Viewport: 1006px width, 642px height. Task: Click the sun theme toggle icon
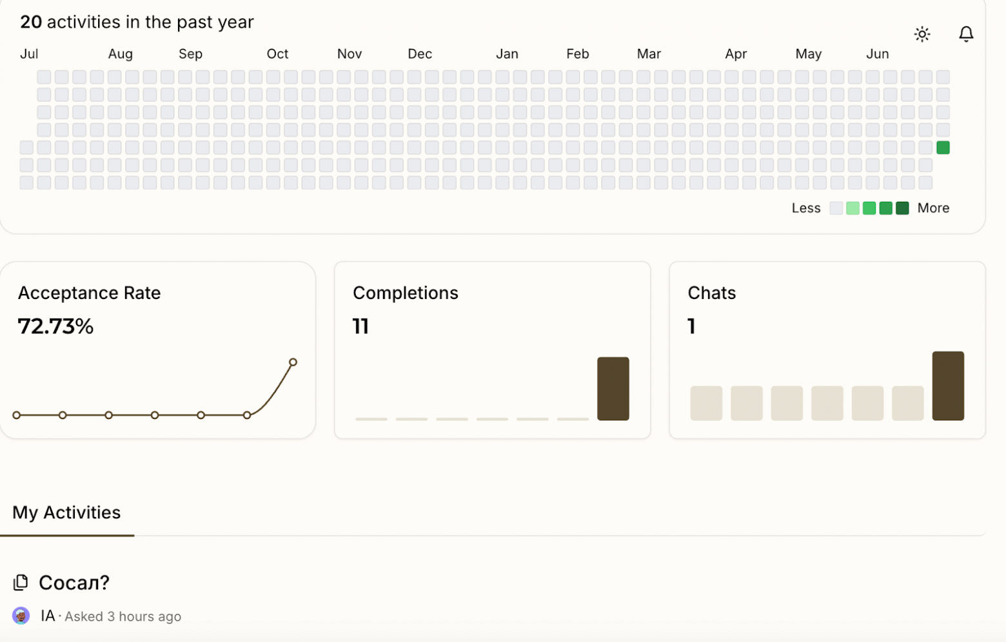pos(922,34)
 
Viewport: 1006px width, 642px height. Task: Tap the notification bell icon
pos(965,34)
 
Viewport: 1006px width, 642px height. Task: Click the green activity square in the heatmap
pos(943,148)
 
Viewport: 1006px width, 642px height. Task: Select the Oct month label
pos(277,54)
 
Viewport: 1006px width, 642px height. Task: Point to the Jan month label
pos(507,54)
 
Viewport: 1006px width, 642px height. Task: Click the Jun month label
pos(877,54)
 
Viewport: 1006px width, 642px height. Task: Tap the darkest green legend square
pos(902,208)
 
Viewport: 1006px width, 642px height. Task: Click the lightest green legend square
pos(853,208)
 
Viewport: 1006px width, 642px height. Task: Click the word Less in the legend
pos(806,208)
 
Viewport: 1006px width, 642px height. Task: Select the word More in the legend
pos(933,208)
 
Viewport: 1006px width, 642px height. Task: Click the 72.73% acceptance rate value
pos(55,326)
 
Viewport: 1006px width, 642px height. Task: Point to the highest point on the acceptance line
pos(293,362)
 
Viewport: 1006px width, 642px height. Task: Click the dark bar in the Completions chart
pos(613,389)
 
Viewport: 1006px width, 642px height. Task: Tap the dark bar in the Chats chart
pos(947,385)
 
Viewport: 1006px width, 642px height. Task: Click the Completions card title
pos(405,293)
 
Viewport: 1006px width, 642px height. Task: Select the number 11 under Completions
pos(360,326)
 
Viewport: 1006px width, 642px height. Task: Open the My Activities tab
pos(66,512)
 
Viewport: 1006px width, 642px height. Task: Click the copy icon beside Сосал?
pos(21,583)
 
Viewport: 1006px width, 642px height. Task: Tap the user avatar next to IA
pos(21,616)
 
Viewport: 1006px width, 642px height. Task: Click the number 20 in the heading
pos(31,23)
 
